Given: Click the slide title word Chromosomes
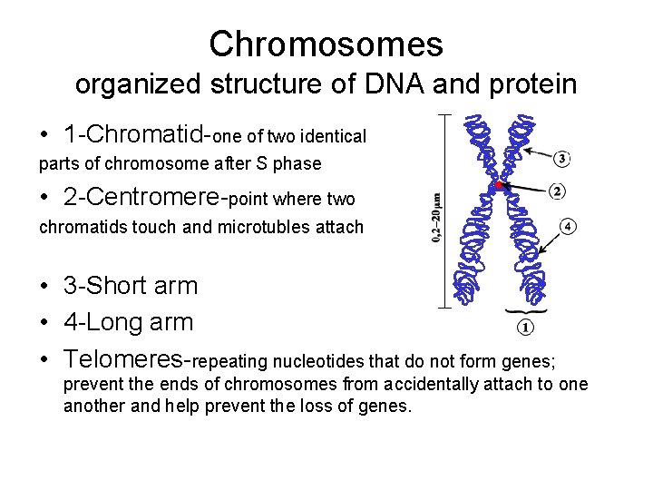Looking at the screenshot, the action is (x=326, y=44).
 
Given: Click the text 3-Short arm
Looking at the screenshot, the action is (x=131, y=285).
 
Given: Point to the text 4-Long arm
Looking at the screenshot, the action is (x=128, y=321).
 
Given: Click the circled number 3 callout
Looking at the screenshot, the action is (x=561, y=159).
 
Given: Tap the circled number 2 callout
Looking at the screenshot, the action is (x=559, y=191).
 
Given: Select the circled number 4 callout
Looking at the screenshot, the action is (x=568, y=226).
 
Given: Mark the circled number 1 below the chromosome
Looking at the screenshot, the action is (x=527, y=326).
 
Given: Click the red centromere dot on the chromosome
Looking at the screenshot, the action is (x=498, y=185).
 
